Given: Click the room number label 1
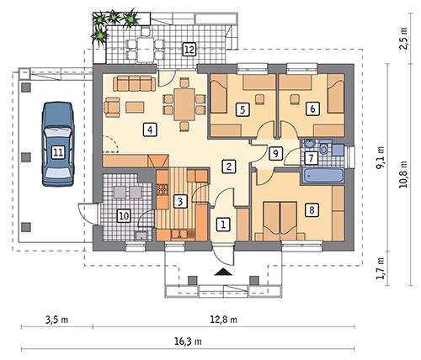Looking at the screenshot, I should coord(223,224).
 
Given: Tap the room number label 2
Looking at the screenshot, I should coord(228,167).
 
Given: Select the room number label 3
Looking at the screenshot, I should coord(179,201).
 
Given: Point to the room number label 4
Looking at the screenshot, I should coord(149,130).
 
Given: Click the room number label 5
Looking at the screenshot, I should coord(242,109).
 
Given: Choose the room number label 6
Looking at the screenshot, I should coord(312,109).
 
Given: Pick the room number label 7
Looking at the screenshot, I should coord(311,158).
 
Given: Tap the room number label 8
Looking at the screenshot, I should coord(312,210).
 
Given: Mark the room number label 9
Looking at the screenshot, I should coord(274,153).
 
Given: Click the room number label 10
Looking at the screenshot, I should coord(124,216).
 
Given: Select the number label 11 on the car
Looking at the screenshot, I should coord(57,152).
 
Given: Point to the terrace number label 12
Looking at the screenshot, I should coord(190,50).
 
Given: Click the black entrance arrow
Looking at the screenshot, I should coord(222,271).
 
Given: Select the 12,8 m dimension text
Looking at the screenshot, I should coord(223,320).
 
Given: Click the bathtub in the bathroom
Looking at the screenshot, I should coord(322,177).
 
